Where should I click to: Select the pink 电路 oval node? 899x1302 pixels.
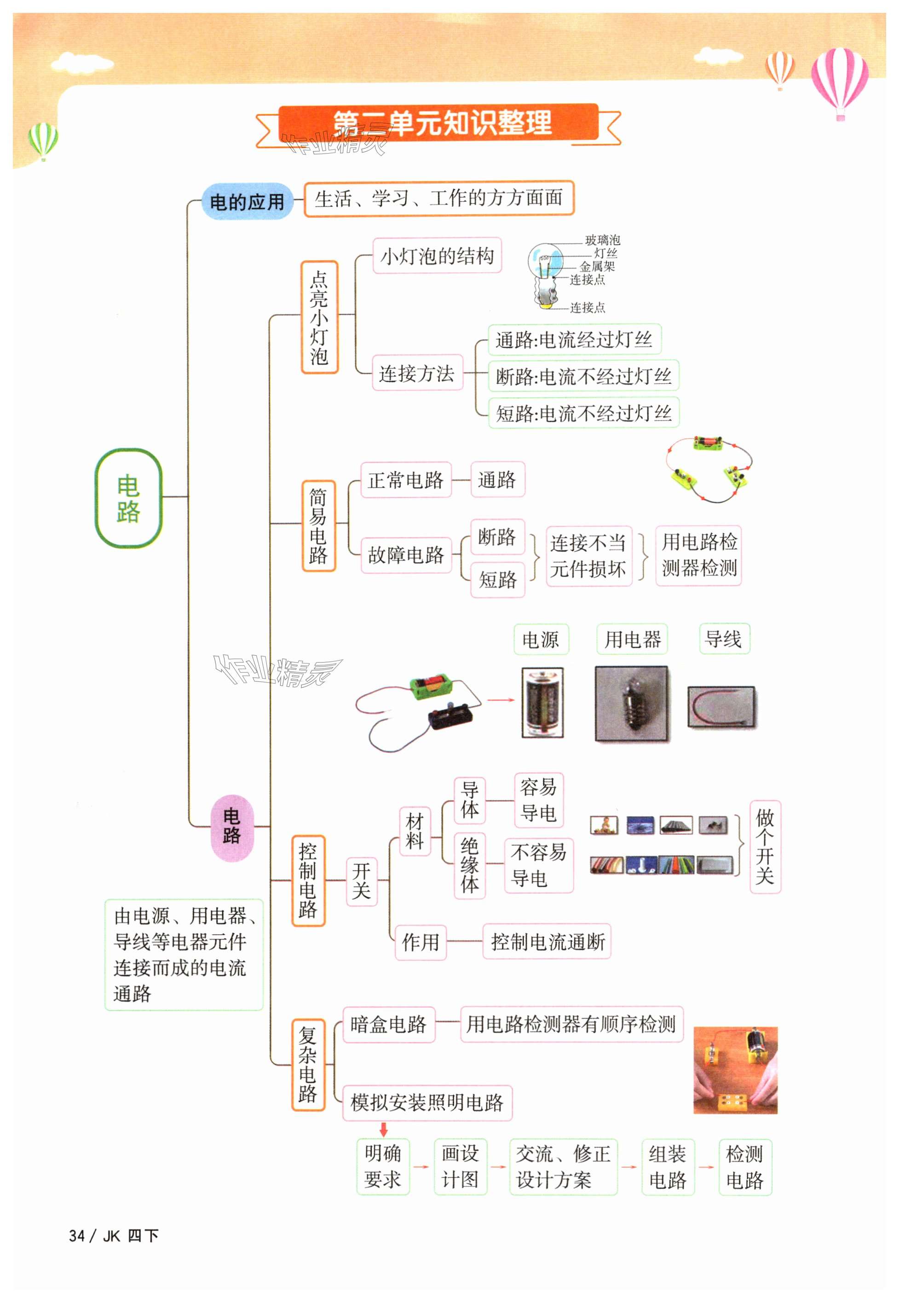tap(231, 827)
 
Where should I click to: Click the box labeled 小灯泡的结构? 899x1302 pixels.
tap(437, 256)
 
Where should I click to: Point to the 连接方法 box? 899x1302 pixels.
tap(417, 373)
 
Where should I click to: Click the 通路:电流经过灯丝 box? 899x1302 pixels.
tap(574, 339)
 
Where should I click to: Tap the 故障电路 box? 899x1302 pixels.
tap(406, 555)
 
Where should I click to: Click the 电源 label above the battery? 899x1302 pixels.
tap(541, 640)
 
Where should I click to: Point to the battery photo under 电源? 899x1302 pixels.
tap(542, 703)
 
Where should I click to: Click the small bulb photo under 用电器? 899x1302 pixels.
tap(633, 703)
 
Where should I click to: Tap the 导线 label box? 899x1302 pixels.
tap(724, 639)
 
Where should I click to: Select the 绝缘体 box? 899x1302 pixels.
tap(470, 866)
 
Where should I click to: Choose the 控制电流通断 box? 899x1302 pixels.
tap(547, 942)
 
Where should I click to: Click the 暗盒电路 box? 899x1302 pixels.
tap(389, 1024)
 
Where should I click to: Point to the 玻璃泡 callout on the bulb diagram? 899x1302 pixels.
tap(602, 240)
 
